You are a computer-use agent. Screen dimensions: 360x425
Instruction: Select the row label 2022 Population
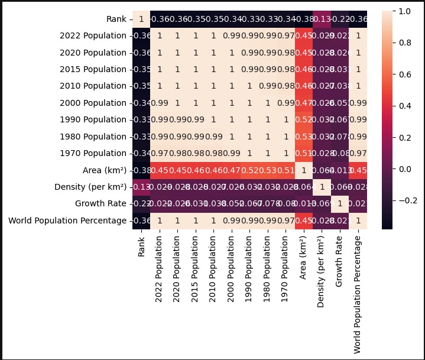[93, 35]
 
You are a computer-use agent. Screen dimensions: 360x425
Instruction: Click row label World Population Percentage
[68, 220]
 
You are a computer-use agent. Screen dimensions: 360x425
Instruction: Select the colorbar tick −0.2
[406, 200]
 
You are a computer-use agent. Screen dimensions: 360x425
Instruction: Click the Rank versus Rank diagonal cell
[141, 19]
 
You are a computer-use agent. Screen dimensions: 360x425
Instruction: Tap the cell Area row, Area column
[303, 170]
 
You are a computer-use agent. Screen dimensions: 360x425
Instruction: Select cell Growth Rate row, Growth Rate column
[339, 204]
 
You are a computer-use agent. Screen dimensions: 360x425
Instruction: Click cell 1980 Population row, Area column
[303, 137]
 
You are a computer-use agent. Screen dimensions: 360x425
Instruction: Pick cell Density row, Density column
[321, 187]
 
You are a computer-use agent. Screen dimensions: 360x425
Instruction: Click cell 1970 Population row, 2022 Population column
[159, 154]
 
